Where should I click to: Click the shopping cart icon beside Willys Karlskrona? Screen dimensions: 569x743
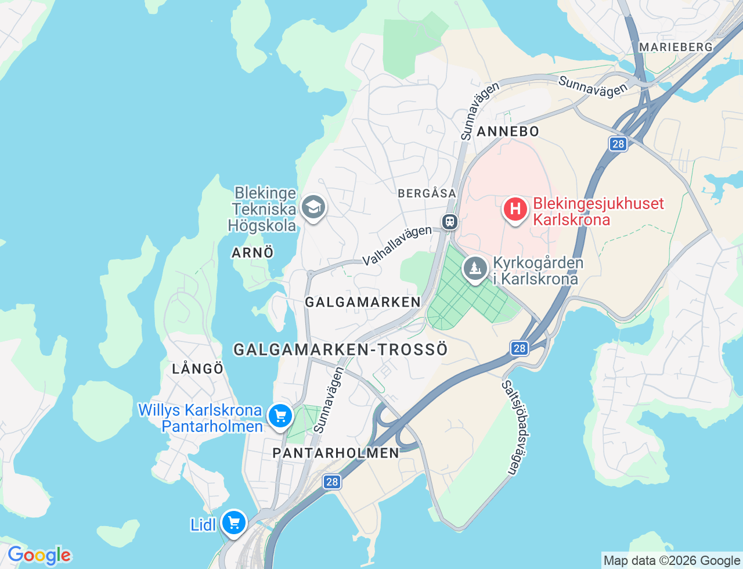[280, 416]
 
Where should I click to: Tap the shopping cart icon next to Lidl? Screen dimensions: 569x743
[234, 523]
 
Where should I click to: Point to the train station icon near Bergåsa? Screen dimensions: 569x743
[449, 222]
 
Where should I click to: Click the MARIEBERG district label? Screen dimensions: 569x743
[675, 47]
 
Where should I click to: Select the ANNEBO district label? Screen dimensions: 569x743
[508, 132]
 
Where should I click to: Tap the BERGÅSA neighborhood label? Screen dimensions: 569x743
[427, 193]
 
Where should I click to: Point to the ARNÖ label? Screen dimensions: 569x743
[253, 253]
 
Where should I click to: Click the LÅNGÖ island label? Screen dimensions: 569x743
[198, 369]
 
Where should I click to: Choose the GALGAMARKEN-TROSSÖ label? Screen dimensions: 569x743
[341, 349]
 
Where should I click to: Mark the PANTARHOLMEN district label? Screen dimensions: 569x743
[336, 453]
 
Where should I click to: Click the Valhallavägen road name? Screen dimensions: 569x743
[398, 246]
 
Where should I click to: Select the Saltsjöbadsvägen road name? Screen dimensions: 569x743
[510, 428]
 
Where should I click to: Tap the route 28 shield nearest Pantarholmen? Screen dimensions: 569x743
[331, 482]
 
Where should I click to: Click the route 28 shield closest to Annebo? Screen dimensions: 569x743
[618, 144]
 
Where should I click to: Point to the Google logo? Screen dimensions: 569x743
[39, 556]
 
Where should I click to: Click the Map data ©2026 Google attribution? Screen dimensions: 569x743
[672, 560]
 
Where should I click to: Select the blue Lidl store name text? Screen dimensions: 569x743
[203, 525]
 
